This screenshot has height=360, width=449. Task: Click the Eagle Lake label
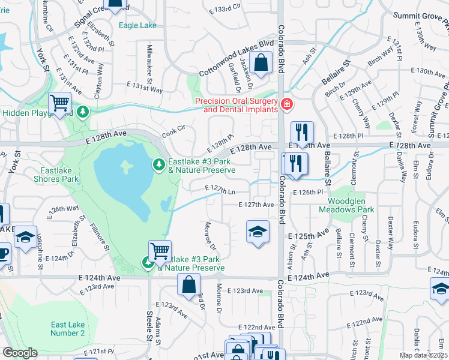click(137, 26)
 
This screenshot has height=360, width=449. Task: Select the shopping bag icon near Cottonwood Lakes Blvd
click(261, 62)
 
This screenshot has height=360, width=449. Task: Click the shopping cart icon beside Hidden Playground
click(60, 104)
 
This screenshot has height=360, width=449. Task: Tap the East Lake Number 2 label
click(67, 329)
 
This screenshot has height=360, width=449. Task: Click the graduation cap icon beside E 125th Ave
click(257, 232)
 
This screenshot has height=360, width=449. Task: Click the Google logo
click(20, 353)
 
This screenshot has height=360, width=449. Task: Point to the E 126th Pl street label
click(308, 192)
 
